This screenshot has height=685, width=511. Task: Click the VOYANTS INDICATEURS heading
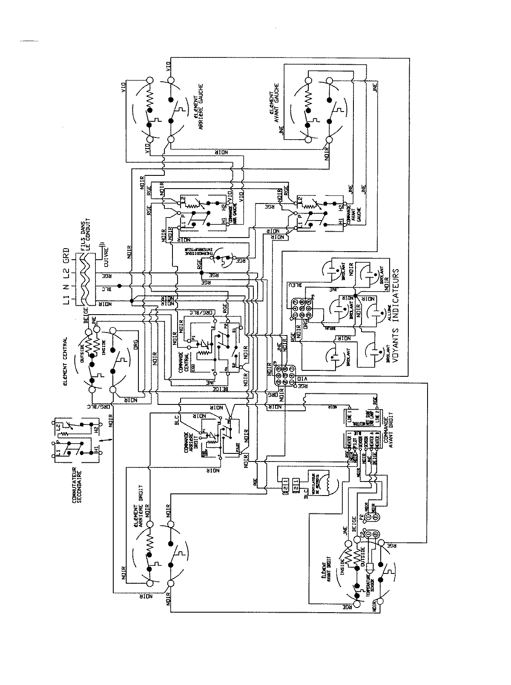(396, 315)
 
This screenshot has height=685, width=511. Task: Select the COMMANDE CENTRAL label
(184, 362)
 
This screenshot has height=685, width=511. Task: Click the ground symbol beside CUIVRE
(101, 244)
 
